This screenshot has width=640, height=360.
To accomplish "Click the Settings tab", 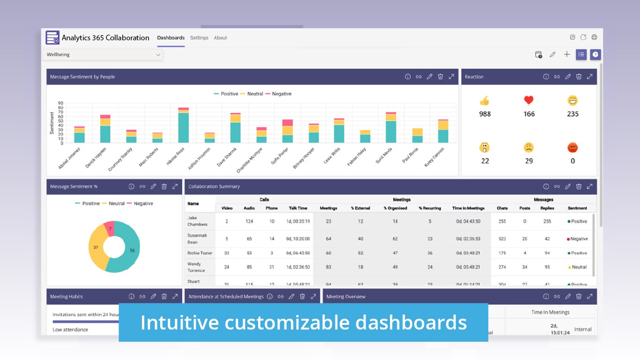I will [199, 38].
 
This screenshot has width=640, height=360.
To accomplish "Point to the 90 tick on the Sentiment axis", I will [60, 103].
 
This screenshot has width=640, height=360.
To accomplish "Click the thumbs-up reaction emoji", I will [484, 100].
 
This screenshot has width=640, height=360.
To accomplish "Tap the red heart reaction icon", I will [528, 100].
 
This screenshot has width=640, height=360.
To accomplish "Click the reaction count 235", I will [573, 114].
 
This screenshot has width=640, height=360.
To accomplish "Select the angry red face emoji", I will [573, 148].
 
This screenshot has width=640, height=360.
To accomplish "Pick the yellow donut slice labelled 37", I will [97, 247].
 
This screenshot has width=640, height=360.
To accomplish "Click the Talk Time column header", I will [298, 208].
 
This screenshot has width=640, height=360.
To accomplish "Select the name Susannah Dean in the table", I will [197, 239].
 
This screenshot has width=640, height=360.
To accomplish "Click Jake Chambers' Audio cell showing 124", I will [249, 221].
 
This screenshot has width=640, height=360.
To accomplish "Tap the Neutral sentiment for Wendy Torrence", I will [579, 267].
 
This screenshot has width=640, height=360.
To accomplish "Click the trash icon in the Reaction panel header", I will [579, 77].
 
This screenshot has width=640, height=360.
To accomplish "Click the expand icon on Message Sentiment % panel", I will [175, 187].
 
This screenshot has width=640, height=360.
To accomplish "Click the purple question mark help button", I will [595, 55].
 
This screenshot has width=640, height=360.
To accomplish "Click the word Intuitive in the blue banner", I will [179, 322].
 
